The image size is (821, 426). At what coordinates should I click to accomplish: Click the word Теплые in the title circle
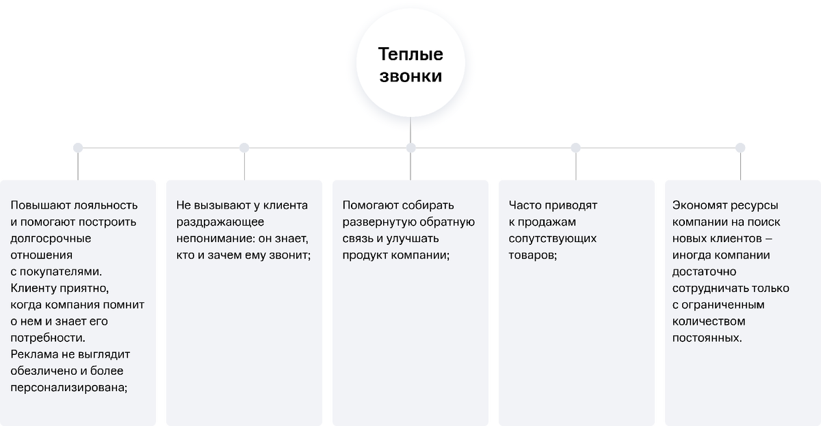coord(410,54)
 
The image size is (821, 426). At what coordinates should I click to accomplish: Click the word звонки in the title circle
coord(410,76)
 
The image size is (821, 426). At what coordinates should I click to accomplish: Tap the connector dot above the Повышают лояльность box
coord(78,148)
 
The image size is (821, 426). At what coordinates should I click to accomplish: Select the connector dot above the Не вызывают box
coord(244,148)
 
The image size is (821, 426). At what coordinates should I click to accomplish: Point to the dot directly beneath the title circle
coord(411,148)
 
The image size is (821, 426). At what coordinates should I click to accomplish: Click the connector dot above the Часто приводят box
coord(576,148)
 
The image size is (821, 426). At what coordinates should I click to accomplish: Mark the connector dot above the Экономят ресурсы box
coord(740,148)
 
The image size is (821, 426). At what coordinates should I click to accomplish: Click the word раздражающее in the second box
coord(220,222)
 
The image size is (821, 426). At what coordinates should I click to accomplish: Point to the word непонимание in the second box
coord(214,239)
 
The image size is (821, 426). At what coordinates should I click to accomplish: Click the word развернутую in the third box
coord(379,222)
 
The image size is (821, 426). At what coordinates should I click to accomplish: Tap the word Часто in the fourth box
coord(525,205)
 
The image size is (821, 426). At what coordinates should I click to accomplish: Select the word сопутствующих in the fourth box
coord(552,239)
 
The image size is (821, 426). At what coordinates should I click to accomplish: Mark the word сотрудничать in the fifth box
coord(709,289)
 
